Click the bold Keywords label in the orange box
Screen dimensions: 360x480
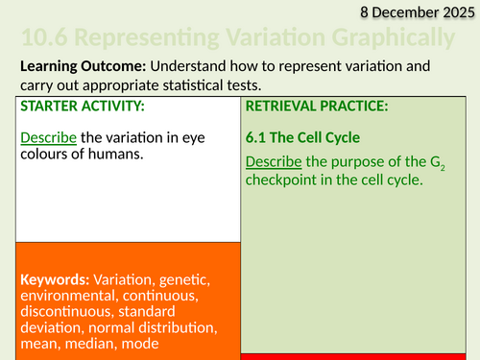(x=56, y=279)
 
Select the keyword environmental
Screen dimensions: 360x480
(x=64, y=297)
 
